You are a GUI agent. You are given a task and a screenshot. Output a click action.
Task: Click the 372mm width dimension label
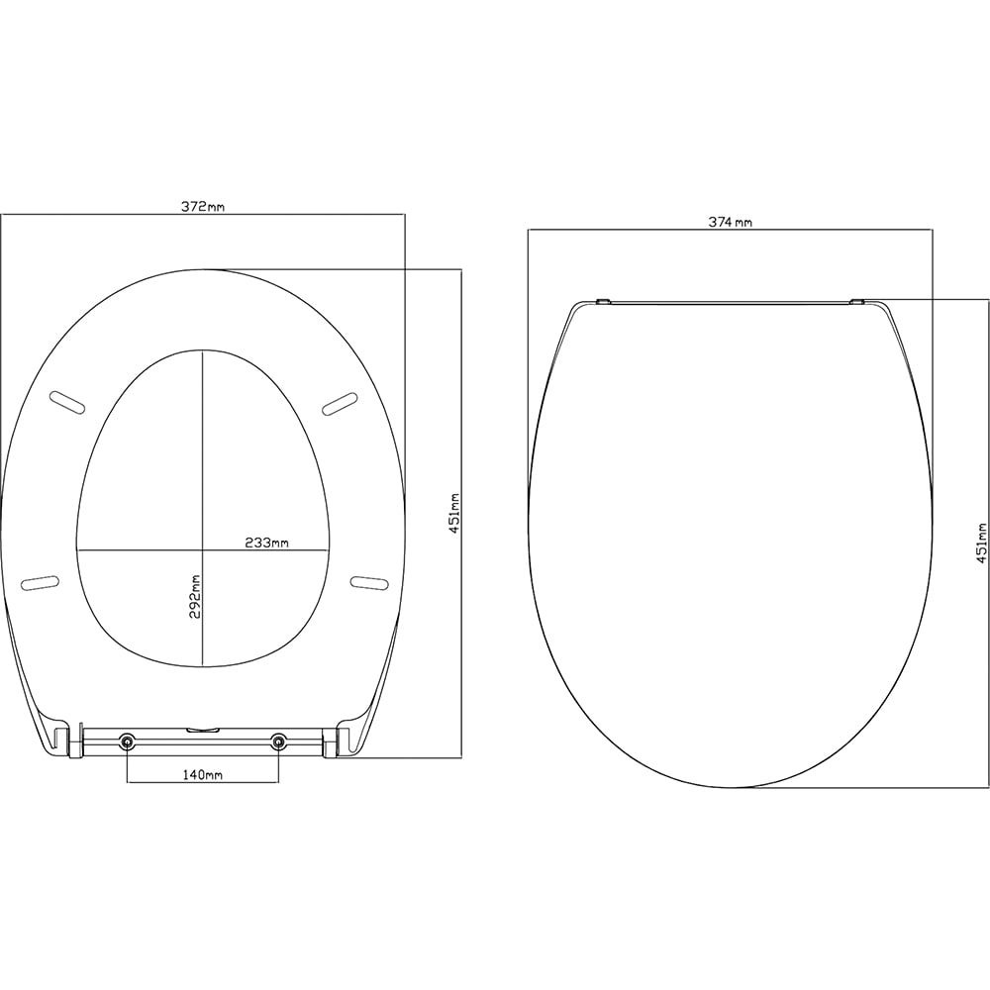point(202,207)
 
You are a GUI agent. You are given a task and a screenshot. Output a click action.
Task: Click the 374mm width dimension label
point(730,223)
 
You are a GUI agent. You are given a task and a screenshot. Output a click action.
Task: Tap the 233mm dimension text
point(266,542)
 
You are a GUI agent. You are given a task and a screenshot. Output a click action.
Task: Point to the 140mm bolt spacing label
point(202,775)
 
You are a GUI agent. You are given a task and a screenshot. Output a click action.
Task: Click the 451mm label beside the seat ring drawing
point(454,514)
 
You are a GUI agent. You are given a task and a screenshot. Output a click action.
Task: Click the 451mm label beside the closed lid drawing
point(981,540)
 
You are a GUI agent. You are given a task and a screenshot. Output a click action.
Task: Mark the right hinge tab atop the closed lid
point(858,299)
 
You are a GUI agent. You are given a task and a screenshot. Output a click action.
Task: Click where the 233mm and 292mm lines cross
point(202,548)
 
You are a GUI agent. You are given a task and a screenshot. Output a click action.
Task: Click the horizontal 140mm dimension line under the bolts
point(202,783)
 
